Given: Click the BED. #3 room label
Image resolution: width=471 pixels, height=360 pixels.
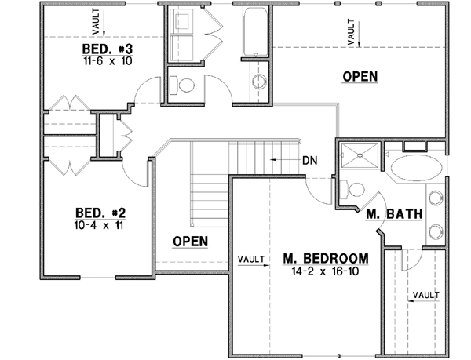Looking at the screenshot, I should [102, 49].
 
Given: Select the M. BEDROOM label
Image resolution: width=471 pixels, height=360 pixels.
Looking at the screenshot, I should [322, 258].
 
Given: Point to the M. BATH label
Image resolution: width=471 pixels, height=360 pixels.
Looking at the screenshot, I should [395, 213].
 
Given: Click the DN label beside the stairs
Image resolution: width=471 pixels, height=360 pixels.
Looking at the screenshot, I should [309, 159].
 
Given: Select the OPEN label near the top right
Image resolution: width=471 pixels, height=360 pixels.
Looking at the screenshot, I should [360, 76].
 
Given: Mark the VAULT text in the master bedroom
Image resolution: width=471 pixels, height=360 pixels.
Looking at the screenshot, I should [250, 257].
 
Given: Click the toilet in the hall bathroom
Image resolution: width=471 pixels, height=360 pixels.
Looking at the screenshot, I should [180, 82].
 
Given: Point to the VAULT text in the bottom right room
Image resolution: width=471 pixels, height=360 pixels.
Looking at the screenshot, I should [425, 294].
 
